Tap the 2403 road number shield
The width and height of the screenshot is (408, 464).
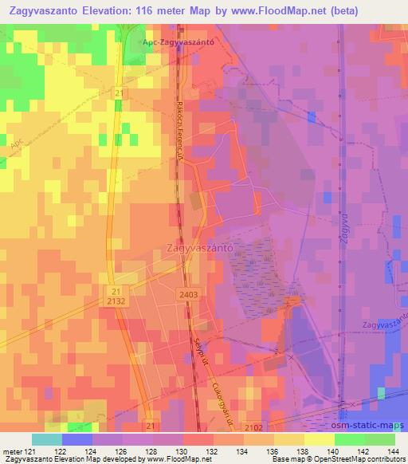pos(188,295)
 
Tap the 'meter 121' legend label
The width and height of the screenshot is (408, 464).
pos(17,451)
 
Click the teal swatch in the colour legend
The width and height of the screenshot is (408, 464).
pos(47,439)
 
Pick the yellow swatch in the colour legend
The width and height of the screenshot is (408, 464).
pos(320,439)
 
